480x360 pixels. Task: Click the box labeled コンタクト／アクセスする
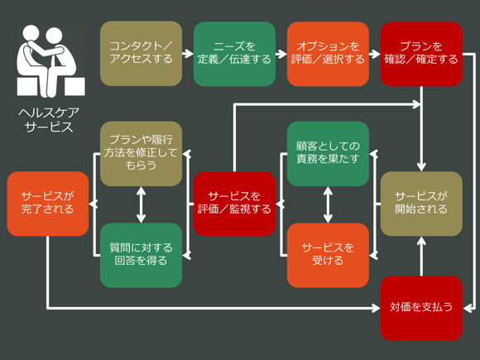tap(141, 54)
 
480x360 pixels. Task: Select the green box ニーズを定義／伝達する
tap(234, 54)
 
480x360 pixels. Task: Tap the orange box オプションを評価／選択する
tap(328, 54)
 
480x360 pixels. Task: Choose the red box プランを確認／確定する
tap(421, 54)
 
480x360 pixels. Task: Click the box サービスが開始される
tap(421, 204)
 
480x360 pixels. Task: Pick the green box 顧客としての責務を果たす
tap(328, 154)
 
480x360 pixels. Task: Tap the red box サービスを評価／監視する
tap(234, 204)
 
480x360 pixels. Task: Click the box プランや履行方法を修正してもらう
tap(141, 154)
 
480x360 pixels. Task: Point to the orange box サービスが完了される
tap(47, 204)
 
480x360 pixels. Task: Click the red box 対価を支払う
tap(421, 307)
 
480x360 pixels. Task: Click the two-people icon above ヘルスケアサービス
tap(50, 61)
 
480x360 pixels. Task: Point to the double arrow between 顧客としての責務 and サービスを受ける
tap(328, 204)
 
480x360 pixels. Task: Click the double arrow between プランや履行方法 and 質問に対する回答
tap(141, 204)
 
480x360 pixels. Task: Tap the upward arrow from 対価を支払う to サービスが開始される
tap(421, 256)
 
